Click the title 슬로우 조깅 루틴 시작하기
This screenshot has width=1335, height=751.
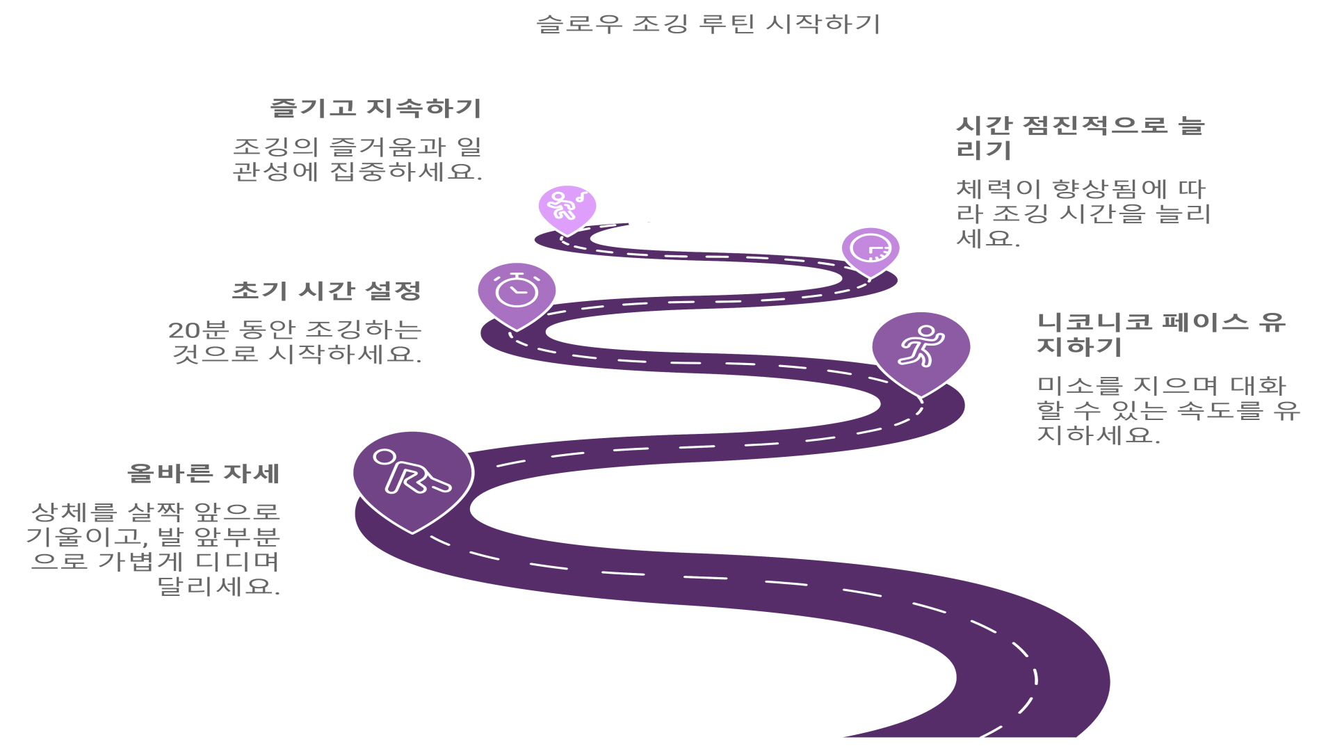pos(708,24)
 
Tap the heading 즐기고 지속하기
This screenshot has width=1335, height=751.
pos(375,108)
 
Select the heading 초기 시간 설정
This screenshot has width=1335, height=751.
pos(326,291)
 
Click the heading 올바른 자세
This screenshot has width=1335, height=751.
pos(203,474)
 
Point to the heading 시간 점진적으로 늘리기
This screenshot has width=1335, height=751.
pos(1080,138)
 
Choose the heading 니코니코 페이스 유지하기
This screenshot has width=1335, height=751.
pos(1160,334)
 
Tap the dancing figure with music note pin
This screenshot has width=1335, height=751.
pos(567,207)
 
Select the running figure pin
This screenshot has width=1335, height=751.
pos(921,347)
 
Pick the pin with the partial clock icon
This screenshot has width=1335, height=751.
pos(871,249)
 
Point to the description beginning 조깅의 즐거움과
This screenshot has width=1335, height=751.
pos(357,159)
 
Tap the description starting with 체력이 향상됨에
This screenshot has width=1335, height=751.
pos(1083,213)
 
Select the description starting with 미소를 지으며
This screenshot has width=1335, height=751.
pos(1167,410)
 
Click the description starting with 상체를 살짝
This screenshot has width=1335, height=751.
pos(154,549)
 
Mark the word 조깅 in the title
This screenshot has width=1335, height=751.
pos(661,24)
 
